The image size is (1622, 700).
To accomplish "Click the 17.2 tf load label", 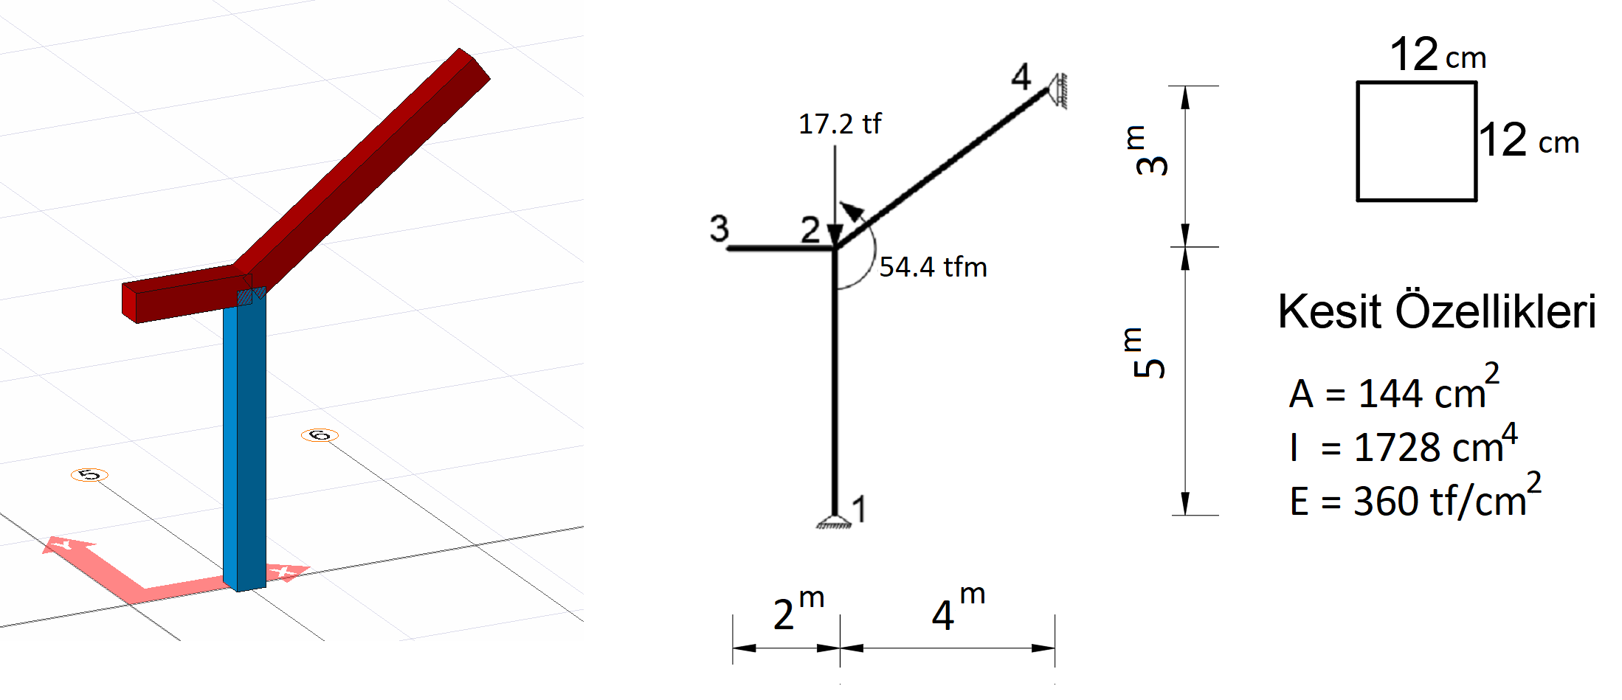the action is pyautogui.click(x=840, y=124).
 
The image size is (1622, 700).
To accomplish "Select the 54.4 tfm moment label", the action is pyautogui.click(x=933, y=267).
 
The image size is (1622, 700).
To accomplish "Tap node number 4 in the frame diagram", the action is pyautogui.click(x=1021, y=77).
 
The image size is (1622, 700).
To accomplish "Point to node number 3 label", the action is pyautogui.click(x=719, y=229).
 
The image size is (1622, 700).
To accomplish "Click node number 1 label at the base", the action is pyautogui.click(x=858, y=509).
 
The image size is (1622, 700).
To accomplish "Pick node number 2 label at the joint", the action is pyautogui.click(x=810, y=229).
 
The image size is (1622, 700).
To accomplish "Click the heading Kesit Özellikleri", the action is pyautogui.click(x=1437, y=311).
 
